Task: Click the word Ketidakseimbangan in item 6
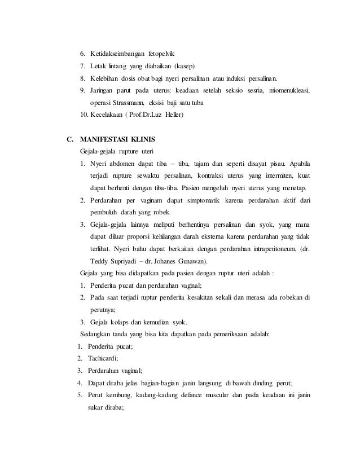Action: click(x=117, y=54)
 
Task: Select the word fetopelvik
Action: click(x=163, y=54)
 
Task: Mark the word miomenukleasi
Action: click(x=286, y=91)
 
